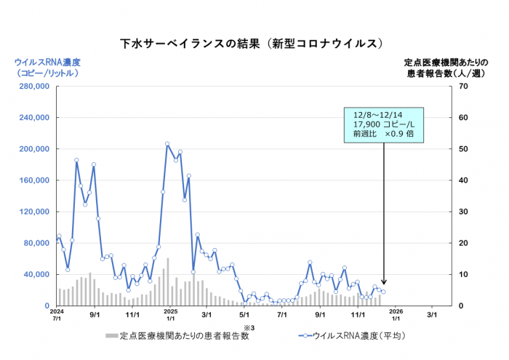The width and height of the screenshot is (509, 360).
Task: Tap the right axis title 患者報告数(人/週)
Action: tap(436, 73)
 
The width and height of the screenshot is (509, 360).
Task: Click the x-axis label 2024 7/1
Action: tap(57, 316)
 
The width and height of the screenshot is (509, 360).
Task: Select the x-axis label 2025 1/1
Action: tap(169, 316)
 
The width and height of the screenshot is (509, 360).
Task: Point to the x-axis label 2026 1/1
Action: tap(396, 316)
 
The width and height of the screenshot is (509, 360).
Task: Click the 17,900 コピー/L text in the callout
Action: tap(380, 124)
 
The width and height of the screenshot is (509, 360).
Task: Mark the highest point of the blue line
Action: tap(167, 144)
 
